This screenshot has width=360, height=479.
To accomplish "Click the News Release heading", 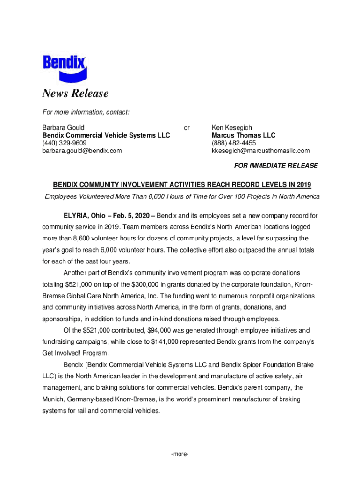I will [x=75, y=94].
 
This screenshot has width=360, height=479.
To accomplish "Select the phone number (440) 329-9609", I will [x=64, y=143].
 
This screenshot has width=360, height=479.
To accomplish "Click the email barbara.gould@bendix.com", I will [x=82, y=151].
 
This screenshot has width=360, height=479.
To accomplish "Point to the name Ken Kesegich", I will [x=231, y=127].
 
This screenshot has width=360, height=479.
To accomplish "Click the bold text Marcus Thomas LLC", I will [x=243, y=135].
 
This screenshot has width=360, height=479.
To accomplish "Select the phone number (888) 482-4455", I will [x=233, y=143].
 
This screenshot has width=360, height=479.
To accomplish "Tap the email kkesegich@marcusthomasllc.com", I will [x=260, y=151].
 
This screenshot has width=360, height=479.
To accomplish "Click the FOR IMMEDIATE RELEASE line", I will [x=276, y=166].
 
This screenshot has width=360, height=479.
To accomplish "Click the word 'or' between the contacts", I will [x=187, y=127].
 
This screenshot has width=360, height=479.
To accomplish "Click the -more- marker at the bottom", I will [x=180, y=454].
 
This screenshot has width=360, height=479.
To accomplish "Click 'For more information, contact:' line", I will [x=86, y=112].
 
